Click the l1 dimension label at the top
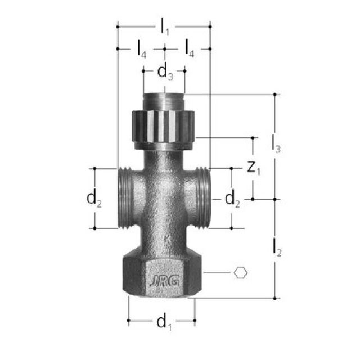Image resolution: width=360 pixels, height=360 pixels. coord(164,26)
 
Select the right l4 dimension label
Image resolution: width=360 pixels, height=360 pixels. coord(189,49)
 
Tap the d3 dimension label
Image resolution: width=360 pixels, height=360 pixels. coord(164,71)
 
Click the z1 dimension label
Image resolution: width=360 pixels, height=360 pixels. coord(254,168)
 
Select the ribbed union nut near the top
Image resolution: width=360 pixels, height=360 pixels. coord(164,125)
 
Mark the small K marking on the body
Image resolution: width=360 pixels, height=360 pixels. coord(166,239)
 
